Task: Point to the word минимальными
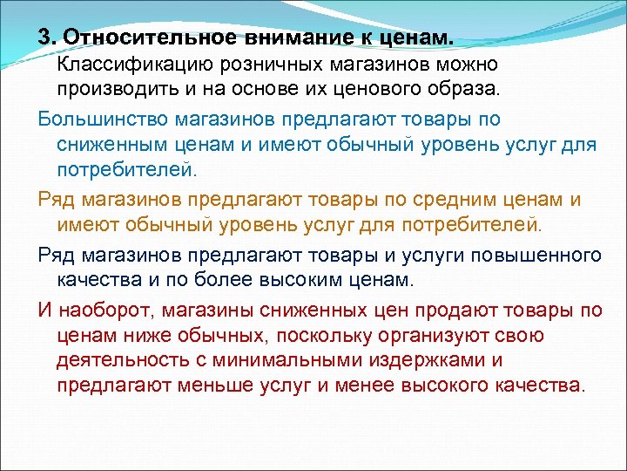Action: [284, 360]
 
